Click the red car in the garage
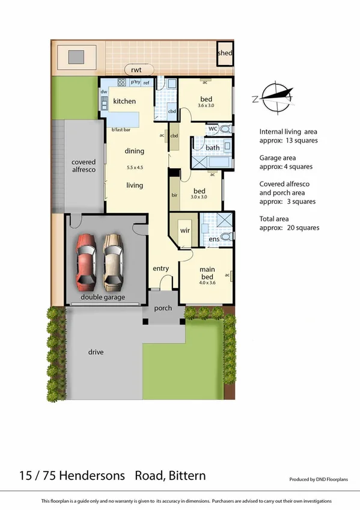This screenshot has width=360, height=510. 87,260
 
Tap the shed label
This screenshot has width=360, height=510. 225,53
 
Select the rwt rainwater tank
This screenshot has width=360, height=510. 136,70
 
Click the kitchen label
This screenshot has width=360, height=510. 124,102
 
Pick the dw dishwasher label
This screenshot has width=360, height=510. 103,92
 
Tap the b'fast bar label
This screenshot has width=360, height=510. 121,129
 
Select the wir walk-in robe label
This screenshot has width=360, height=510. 185,230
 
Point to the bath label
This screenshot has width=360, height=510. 212,147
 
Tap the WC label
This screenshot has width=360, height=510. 212,128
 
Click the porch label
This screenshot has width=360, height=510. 163,308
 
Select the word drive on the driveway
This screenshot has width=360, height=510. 96,352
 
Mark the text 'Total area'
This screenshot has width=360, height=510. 277,218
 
